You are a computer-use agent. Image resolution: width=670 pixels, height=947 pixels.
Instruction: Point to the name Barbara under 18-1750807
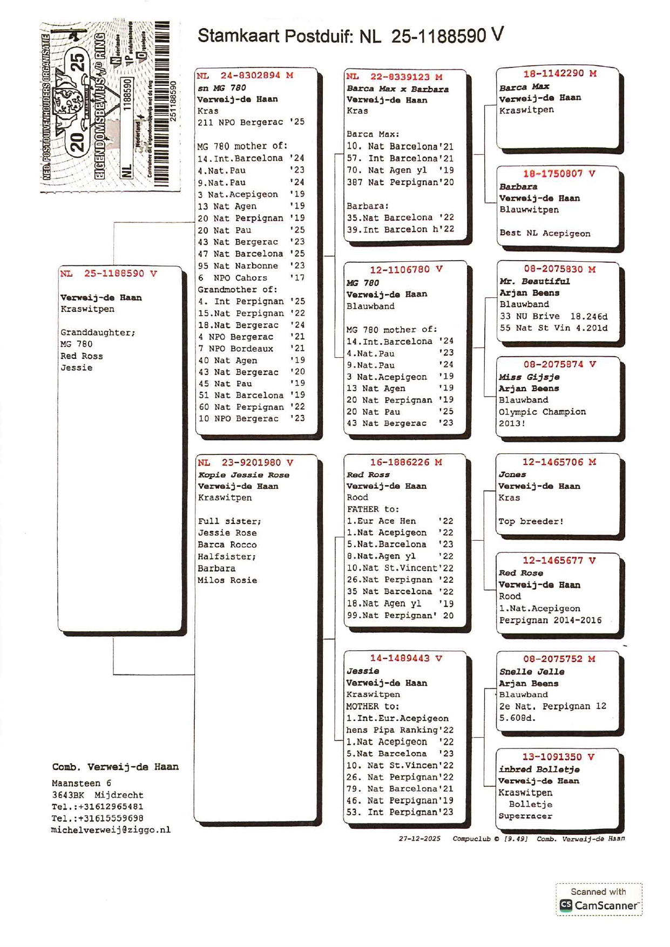518,187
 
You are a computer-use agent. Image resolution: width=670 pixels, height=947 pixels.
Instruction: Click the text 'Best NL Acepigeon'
544,233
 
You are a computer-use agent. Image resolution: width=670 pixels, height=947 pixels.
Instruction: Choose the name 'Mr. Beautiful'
534,281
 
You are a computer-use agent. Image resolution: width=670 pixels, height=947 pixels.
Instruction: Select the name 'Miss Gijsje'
529,377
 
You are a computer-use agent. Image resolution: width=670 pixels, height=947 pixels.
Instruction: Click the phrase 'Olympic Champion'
542,412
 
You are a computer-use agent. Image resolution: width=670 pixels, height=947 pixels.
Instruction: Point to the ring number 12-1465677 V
558,561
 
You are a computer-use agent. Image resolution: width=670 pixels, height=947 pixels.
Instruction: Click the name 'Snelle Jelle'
531,671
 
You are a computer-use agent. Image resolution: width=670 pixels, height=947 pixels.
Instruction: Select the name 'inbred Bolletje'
538,769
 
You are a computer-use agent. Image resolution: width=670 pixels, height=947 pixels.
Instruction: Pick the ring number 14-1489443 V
405,658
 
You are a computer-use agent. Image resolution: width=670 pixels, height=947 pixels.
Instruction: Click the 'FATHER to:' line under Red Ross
373,509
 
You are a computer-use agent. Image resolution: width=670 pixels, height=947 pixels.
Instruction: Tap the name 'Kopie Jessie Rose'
243,475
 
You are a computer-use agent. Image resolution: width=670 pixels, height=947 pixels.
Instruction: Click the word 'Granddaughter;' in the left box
98,332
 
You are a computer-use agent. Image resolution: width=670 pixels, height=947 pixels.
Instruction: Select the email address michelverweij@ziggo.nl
111,830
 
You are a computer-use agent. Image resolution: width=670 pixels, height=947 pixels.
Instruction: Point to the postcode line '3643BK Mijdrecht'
97,795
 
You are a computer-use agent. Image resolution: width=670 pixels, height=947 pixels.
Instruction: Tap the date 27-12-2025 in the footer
419,839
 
